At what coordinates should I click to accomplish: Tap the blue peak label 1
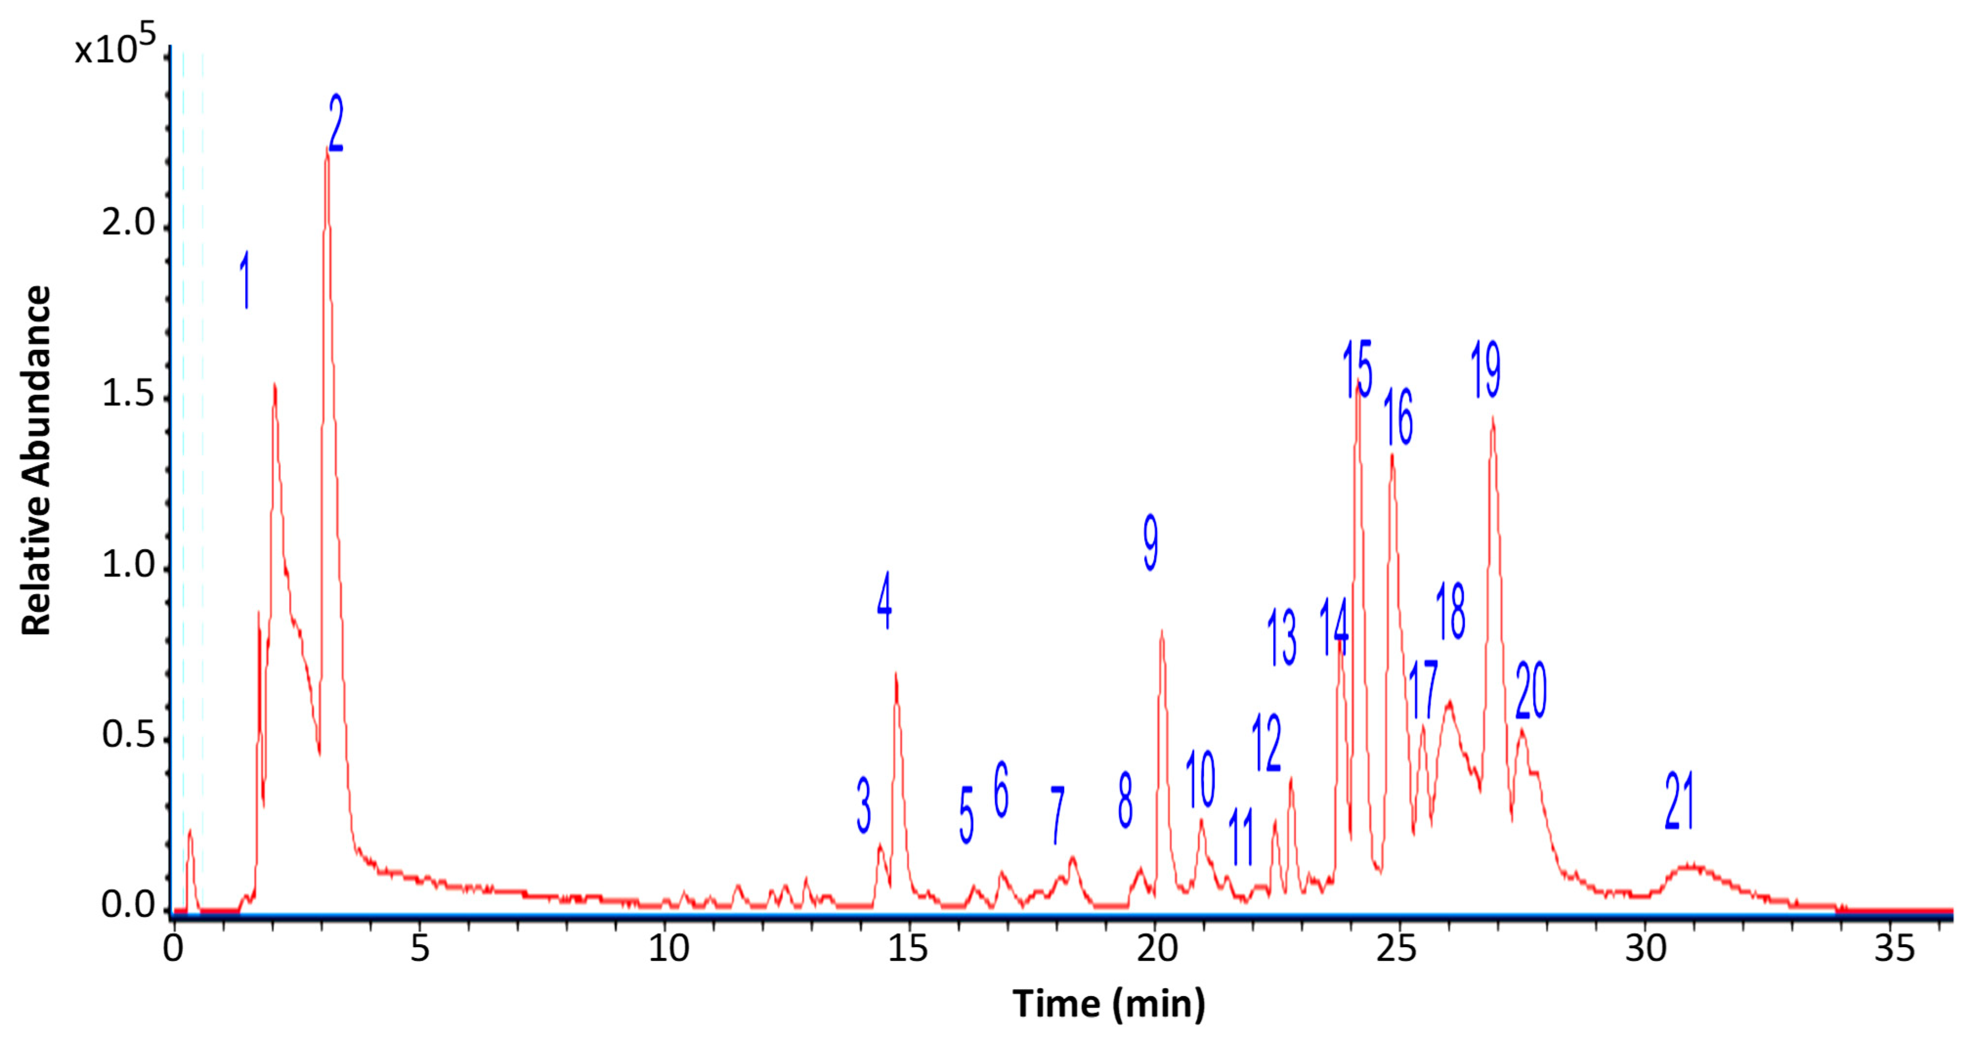[x=245, y=280]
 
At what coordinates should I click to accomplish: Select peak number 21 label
[x=1679, y=801]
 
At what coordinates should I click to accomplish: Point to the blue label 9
[x=1150, y=542]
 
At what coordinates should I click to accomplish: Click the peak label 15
[x=1357, y=369]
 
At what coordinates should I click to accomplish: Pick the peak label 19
[x=1486, y=369]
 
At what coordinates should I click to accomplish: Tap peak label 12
[x=1266, y=743]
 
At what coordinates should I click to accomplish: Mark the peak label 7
[x=1058, y=815]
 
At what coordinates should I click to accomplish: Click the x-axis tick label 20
[x=1157, y=949]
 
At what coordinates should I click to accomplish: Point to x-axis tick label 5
[x=420, y=949]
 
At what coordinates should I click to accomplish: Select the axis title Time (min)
[x=1109, y=1003]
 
